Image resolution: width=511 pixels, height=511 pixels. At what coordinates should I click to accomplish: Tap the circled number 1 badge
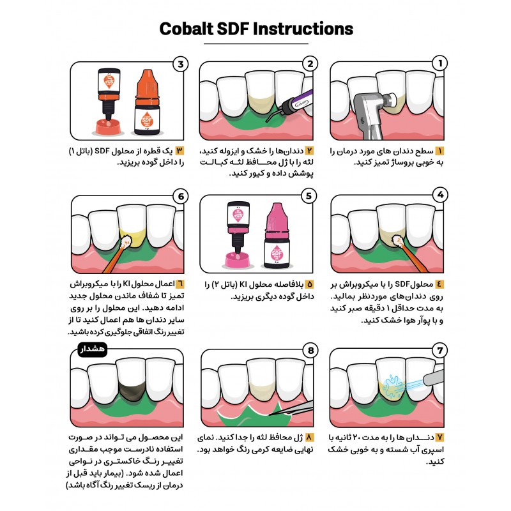point(439,63)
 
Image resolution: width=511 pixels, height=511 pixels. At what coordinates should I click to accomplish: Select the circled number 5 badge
point(309,196)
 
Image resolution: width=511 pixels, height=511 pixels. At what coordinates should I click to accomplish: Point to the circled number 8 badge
point(310,350)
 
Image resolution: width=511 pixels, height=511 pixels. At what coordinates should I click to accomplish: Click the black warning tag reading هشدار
point(93,349)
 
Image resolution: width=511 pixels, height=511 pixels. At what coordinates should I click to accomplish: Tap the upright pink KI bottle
point(277,236)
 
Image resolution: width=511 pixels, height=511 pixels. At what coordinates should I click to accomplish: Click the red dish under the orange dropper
point(108,127)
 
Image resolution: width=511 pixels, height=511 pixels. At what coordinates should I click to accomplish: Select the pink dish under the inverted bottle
point(237,261)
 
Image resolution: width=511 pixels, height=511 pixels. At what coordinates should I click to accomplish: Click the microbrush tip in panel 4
point(398,241)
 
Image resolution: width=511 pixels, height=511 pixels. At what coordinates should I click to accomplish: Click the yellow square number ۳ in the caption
point(179,151)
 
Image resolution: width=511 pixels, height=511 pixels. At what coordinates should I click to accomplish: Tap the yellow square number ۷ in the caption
point(439,438)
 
